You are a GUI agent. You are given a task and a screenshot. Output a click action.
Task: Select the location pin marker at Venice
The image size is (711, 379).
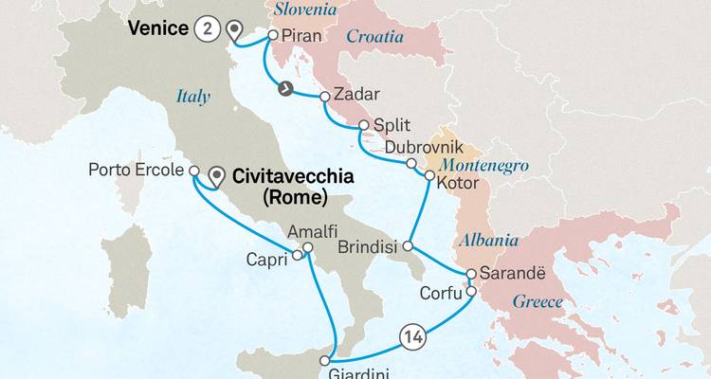tap(231, 30)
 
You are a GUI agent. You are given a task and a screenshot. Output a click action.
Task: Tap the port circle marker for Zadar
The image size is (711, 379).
tap(325, 96)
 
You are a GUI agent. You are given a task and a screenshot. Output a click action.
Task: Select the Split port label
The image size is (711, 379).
tap(392, 125)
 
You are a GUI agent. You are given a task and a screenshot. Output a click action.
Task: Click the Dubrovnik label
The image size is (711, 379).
tap(424, 147)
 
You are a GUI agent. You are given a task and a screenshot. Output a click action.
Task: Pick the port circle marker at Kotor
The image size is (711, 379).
tap(429, 176)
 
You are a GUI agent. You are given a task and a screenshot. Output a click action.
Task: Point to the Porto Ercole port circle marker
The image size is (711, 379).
tap(193, 171)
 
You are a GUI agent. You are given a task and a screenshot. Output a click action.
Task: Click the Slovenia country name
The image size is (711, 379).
tap(305, 9)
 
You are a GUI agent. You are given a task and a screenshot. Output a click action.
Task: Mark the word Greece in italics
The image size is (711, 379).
tap(538, 303)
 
